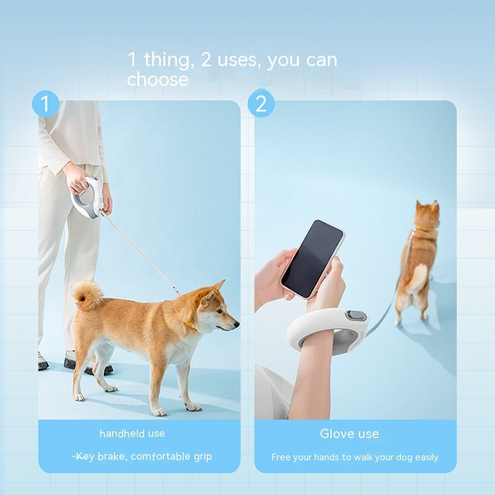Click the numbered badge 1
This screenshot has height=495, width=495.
point(45,104)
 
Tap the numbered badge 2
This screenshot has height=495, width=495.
point(261,104)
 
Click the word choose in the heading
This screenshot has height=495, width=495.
point(157,80)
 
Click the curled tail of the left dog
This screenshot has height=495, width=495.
point(88,295)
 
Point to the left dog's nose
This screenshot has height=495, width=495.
point(236,323)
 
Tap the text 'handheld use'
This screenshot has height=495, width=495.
point(132,434)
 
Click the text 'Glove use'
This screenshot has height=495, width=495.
point(350,434)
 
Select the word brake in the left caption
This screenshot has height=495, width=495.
point(112,457)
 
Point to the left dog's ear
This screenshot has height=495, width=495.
point(218,288)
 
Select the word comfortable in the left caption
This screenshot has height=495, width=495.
point(160,457)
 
